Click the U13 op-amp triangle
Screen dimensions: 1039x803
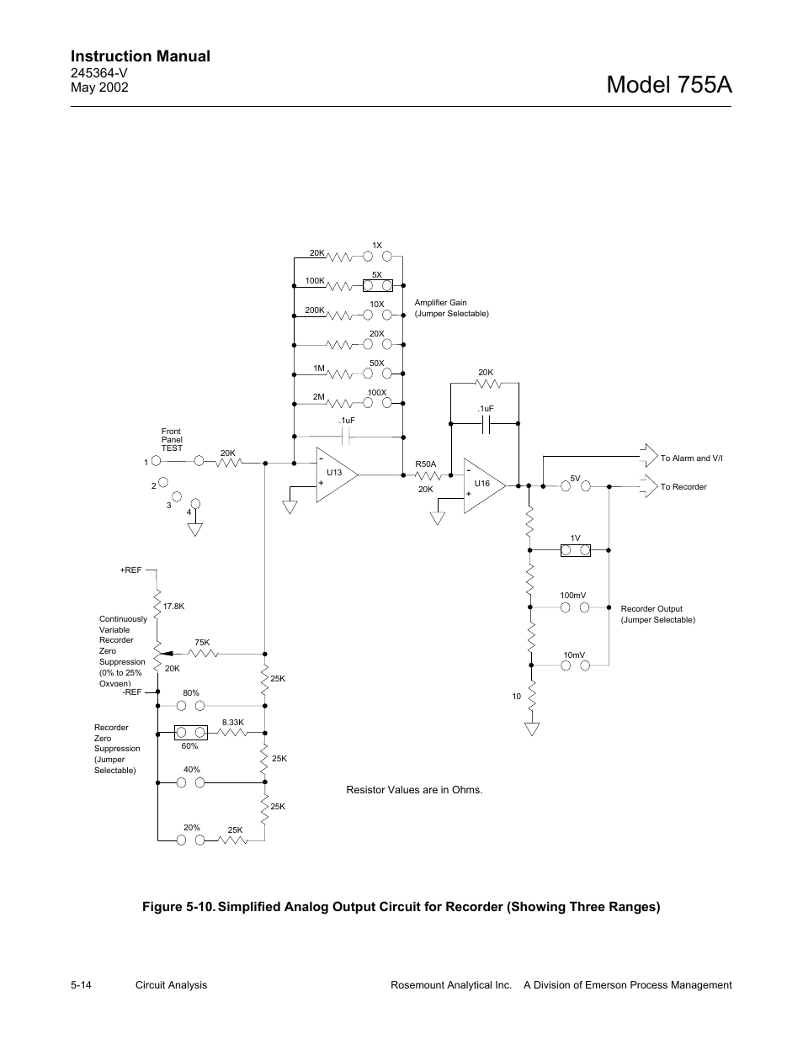pyautogui.click(x=335, y=475)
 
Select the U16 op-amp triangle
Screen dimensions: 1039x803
pyautogui.click(x=482, y=485)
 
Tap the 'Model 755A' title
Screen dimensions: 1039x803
pyautogui.click(x=668, y=84)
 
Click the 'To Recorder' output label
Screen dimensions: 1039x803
pyautogui.click(x=683, y=487)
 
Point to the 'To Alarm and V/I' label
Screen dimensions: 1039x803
pyautogui.click(x=691, y=459)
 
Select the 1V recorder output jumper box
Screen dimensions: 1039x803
pyautogui.click(x=576, y=551)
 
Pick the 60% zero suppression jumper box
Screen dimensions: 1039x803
pyautogui.click(x=190, y=732)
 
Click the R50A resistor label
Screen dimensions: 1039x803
pyautogui.click(x=426, y=464)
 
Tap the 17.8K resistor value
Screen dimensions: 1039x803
pyautogui.click(x=173, y=606)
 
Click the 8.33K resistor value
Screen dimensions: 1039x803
pyautogui.click(x=233, y=722)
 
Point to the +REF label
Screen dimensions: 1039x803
pyautogui.click(x=130, y=570)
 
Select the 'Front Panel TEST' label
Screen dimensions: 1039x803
pyautogui.click(x=172, y=440)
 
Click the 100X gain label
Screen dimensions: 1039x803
pyautogui.click(x=376, y=393)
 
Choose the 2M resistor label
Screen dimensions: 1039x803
pyautogui.click(x=319, y=396)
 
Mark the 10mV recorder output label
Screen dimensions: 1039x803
pyautogui.click(x=574, y=655)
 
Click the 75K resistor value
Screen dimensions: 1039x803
pyautogui.click(x=201, y=643)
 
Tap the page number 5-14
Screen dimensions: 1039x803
pyautogui.click(x=82, y=985)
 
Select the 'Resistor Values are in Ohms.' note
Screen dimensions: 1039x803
pyautogui.click(x=414, y=790)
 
